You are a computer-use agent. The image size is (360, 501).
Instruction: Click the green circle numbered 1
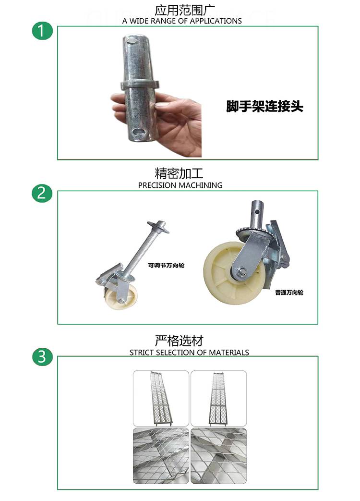pos(42,31)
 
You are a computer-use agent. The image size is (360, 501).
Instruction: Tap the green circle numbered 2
pos(42,193)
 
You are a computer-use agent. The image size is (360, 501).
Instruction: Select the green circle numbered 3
pos(42,356)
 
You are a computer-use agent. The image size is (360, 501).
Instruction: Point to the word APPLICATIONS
pos(216,21)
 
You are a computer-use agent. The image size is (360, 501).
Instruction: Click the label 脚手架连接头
pos(264,107)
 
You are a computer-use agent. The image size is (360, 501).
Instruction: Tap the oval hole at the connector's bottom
pos(139,131)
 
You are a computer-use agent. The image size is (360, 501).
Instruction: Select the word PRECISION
pos(157,185)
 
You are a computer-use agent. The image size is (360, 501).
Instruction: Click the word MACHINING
pos(201,185)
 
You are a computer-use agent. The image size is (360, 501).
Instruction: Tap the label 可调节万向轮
pos(166,265)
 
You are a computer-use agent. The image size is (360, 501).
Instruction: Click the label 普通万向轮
pos(289,293)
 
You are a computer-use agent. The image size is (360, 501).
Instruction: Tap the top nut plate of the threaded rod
pos(158,226)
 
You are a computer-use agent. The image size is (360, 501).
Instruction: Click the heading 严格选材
pos(179,341)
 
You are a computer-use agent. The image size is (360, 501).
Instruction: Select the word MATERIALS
pos(229,353)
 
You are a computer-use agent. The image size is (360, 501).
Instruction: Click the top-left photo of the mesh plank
pos(161,398)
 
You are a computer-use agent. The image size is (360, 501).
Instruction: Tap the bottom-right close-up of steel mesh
pos(218,456)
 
